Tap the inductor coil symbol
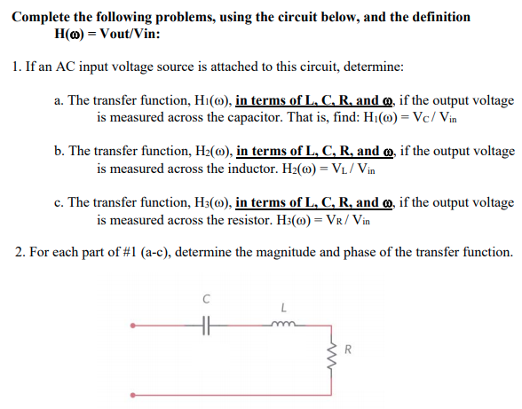[x=285, y=325]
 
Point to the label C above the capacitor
[x=207, y=300]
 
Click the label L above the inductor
[x=284, y=308]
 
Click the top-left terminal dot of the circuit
[x=134, y=327]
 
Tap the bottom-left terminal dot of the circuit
[x=134, y=391]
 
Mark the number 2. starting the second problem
[x=20, y=252]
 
